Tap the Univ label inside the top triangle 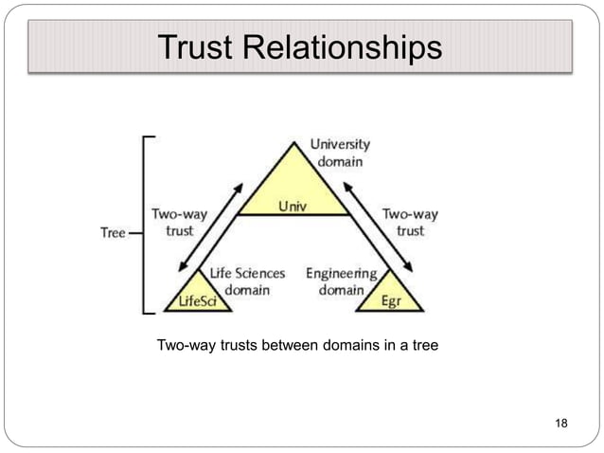(x=291, y=204)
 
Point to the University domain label (x=340, y=153)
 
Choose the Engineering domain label (x=341, y=281)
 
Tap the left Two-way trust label (x=180, y=223)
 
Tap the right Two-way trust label (x=410, y=223)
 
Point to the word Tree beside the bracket (x=114, y=233)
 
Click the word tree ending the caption (x=423, y=345)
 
